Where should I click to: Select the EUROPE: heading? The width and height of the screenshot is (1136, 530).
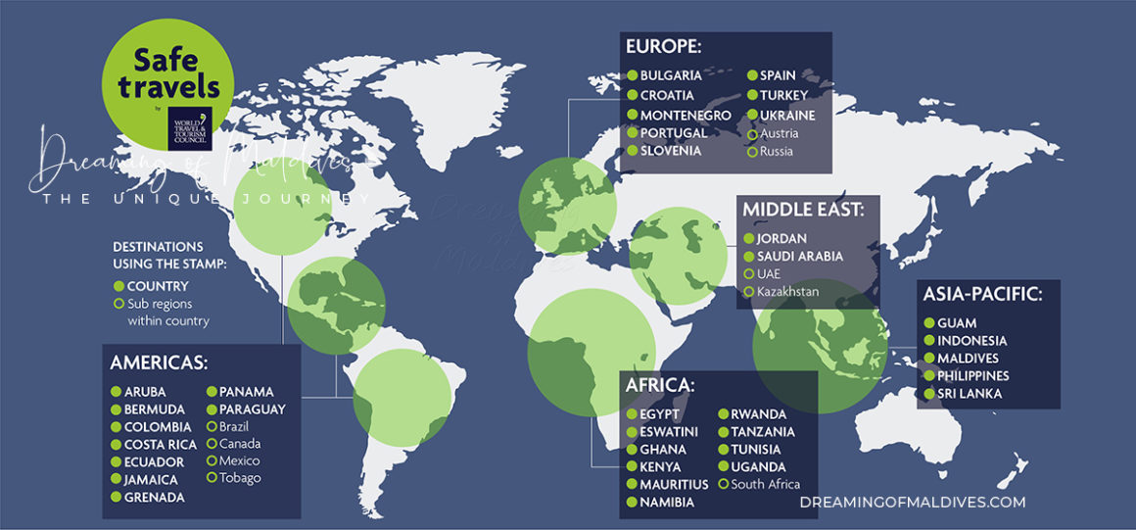pos(664,47)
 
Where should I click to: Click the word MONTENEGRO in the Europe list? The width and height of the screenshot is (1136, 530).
pos(686,115)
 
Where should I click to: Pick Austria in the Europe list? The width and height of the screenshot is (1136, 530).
pos(780,133)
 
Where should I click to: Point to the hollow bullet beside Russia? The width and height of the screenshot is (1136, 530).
pos(752,152)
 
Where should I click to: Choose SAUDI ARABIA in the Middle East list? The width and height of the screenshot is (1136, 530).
pos(800,256)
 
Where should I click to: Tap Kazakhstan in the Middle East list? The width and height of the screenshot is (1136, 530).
pos(788,291)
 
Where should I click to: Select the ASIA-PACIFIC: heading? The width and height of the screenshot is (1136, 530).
pos(988,294)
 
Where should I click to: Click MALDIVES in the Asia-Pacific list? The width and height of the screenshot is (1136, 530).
pos(968,359)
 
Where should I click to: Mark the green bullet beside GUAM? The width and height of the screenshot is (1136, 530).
pos(927,323)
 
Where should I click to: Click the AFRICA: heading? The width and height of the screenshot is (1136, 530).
pos(660,385)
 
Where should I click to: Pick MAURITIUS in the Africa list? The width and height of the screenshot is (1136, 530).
pos(674,485)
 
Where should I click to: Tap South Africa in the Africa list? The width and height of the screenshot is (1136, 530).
pos(766,484)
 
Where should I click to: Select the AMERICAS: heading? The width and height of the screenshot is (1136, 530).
pos(159,362)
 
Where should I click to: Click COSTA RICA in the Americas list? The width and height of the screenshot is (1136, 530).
pos(161,445)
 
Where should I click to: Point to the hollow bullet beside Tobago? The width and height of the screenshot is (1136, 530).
pos(211,478)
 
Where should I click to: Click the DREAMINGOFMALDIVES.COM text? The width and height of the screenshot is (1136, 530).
pos(912,502)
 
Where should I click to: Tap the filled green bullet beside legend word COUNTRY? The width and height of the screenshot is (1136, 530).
pos(118,286)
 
